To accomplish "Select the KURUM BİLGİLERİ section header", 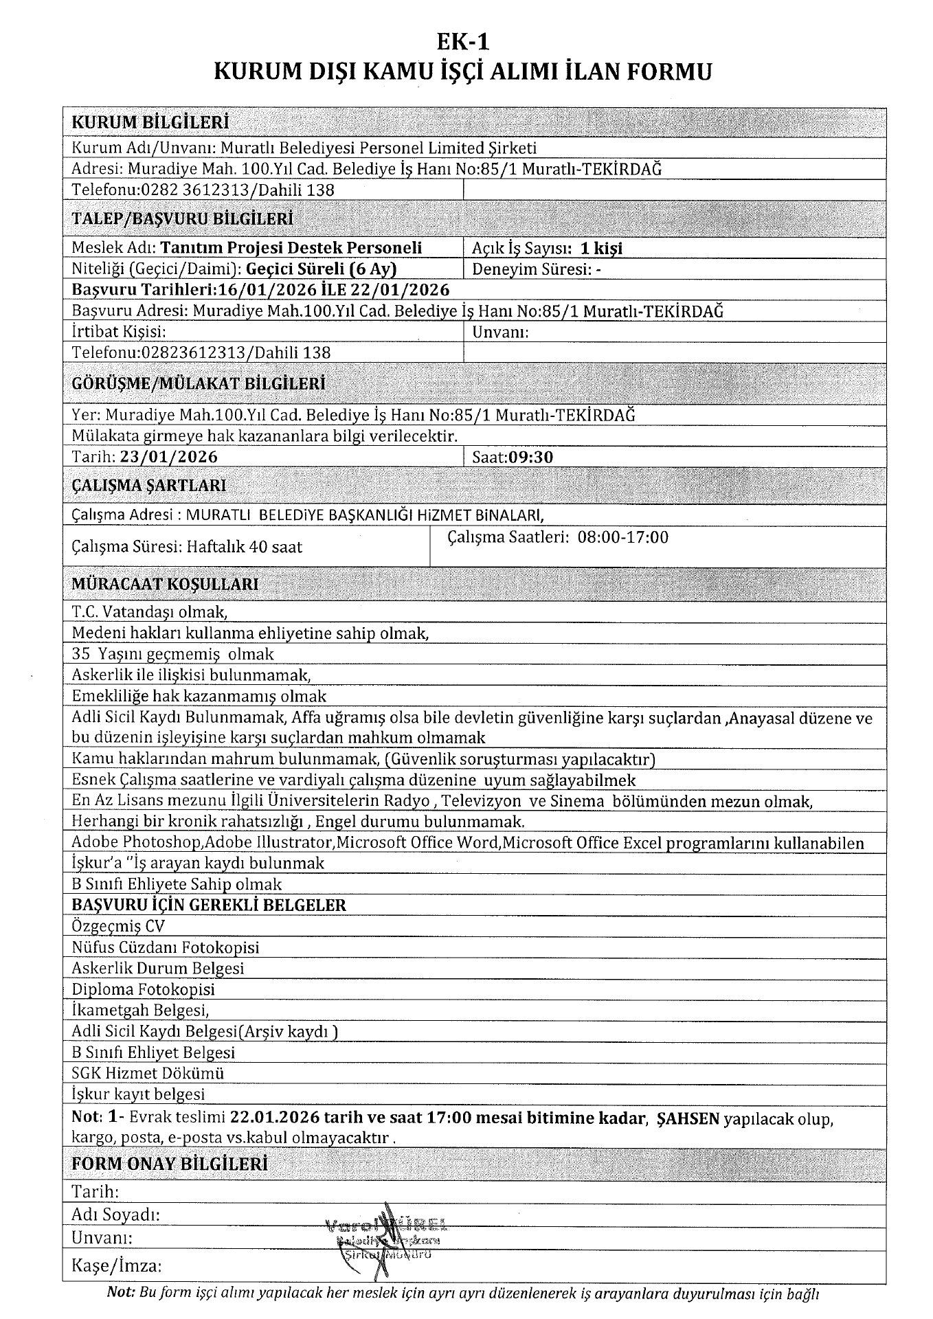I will pyautogui.click(x=150, y=123).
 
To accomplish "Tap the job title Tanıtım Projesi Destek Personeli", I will pyautogui.click(x=291, y=248).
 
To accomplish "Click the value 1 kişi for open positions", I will pyautogui.click(x=601, y=249).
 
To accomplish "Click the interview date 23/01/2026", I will pyautogui.click(x=168, y=457).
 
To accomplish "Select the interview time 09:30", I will pyautogui.click(x=531, y=457).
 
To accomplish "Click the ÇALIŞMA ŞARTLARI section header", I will pyautogui.click(x=149, y=486).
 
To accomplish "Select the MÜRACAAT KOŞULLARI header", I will pyautogui.click(x=166, y=584).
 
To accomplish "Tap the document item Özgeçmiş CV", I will pyautogui.click(x=118, y=926).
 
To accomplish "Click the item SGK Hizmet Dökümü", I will pyautogui.click(x=148, y=1073).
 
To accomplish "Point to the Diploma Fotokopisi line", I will pyautogui.click(x=143, y=989).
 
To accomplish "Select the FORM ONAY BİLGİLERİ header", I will pyautogui.click(x=170, y=1164).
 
